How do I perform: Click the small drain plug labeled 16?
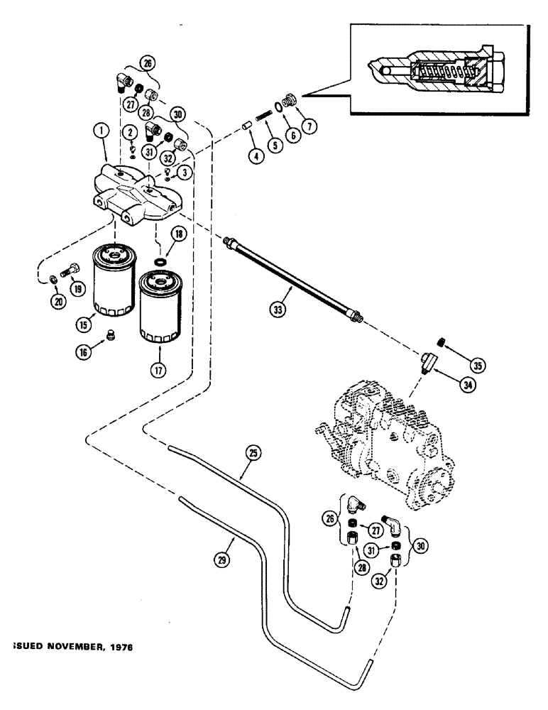109,335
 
